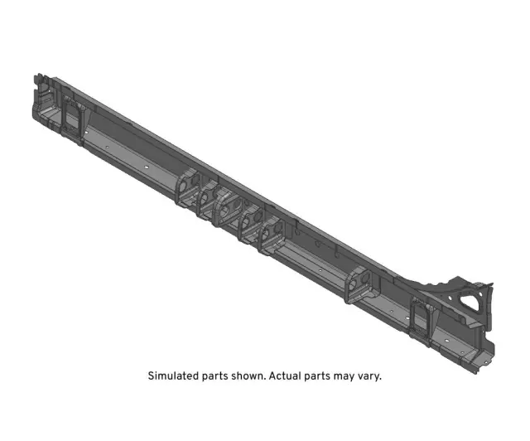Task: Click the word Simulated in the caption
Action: click(174, 376)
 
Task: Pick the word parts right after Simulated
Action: click(217, 376)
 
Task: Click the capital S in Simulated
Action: click(151, 376)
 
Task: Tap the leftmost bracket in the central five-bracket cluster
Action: click(186, 187)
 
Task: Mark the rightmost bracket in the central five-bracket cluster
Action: click(271, 235)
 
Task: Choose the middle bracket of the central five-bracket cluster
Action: click(228, 207)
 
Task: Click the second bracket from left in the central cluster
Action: click(207, 198)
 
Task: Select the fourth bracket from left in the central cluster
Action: click(249, 222)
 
